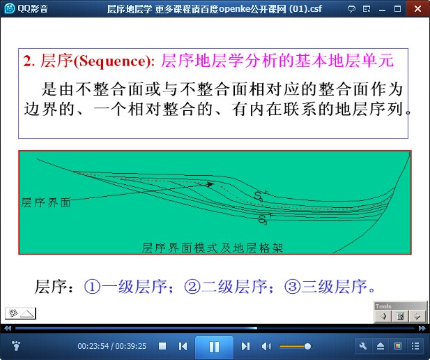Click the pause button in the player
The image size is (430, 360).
(214, 347)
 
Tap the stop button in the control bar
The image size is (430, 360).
(162, 346)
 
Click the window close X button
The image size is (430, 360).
(417, 9)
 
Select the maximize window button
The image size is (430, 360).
(397, 9)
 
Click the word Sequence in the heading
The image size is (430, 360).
(112, 61)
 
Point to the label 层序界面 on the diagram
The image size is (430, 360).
(46, 202)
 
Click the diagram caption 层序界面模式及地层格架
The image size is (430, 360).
(213, 248)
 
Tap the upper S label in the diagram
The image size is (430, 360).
(258, 196)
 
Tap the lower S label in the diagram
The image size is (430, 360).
(263, 220)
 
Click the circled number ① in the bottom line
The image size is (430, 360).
(92, 287)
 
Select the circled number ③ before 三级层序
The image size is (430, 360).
(292, 287)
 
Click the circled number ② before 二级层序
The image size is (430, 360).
(192, 287)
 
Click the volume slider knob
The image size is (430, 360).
(307, 346)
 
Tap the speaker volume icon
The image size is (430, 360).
(266, 346)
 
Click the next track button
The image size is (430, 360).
(245, 346)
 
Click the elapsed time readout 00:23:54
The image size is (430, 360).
(93, 346)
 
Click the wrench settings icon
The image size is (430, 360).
(363, 346)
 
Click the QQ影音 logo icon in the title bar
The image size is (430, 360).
(10, 8)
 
